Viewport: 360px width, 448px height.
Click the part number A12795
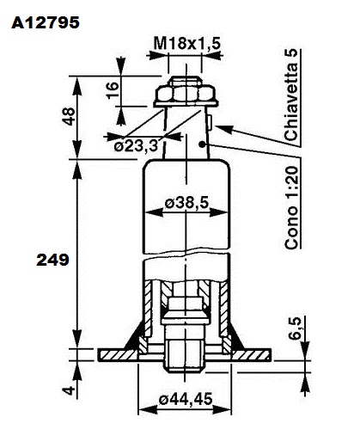pos(46,22)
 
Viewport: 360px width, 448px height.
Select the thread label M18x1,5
pos(187,44)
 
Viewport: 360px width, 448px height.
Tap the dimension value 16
pos(113,90)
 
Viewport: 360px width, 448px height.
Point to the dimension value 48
pos(69,116)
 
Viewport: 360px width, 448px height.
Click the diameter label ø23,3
pos(136,146)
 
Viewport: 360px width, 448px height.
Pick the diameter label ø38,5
pos(187,203)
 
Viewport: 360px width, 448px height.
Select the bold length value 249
pos(52,260)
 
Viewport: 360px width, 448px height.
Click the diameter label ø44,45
pos(186,399)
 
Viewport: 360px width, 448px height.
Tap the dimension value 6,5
pos(295,328)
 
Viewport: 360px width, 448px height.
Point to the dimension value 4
pos(69,390)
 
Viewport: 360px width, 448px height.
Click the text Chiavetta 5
pos(291,95)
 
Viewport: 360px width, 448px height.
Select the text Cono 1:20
pos(291,207)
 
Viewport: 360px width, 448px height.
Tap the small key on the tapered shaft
pos(210,121)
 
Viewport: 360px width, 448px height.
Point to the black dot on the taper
pos(203,144)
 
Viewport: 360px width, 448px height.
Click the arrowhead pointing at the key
pos(223,129)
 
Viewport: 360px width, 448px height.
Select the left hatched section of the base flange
pos(117,355)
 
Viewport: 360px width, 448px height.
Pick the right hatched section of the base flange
pos(252,355)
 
